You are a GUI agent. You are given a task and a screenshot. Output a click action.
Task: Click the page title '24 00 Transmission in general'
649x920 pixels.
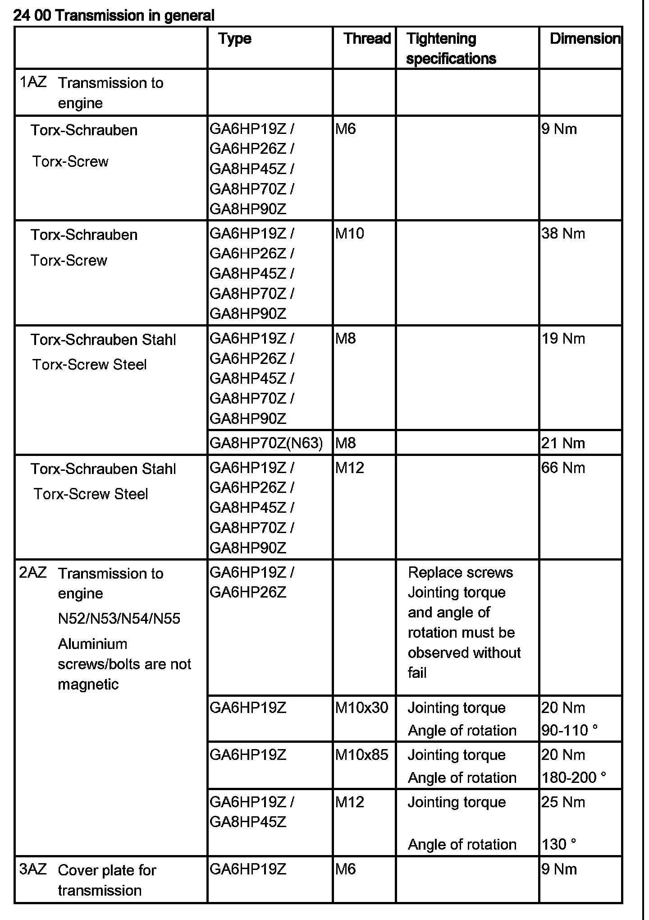click(x=114, y=16)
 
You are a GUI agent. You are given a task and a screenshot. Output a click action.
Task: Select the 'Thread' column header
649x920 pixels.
click(x=367, y=38)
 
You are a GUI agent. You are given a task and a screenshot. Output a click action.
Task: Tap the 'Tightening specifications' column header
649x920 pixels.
click(x=451, y=48)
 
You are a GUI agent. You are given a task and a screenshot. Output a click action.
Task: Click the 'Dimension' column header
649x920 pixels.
click(x=585, y=38)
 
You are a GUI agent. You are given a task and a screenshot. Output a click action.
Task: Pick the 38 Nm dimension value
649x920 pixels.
click(x=563, y=234)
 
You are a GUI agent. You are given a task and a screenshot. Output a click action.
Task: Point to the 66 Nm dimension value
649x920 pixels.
click(x=563, y=468)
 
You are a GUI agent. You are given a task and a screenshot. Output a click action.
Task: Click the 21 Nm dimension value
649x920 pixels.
click(x=563, y=443)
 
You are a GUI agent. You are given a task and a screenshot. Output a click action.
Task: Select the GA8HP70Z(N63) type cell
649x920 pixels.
click(x=266, y=443)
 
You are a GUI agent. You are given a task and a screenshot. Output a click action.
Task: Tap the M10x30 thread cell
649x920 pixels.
click(x=361, y=708)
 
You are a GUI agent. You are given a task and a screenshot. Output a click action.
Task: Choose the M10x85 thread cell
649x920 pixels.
click(x=361, y=754)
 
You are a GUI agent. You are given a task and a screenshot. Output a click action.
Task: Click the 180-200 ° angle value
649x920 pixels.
click(x=574, y=777)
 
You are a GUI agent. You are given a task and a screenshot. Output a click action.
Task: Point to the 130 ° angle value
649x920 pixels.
click(x=559, y=844)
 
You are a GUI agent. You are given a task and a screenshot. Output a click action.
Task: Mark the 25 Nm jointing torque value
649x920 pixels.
click(x=563, y=802)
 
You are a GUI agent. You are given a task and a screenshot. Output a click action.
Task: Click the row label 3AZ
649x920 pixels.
click(x=33, y=869)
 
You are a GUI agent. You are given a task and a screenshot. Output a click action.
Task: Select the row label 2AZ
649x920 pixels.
click(x=33, y=572)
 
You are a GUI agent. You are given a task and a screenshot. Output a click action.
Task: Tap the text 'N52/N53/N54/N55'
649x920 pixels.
click(x=119, y=618)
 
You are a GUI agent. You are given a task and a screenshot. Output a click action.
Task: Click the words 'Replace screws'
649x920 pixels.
click(x=460, y=572)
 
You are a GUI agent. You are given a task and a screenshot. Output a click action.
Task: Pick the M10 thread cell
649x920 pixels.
click(x=350, y=234)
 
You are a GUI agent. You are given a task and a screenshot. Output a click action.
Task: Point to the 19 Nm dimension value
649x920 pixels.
click(x=563, y=338)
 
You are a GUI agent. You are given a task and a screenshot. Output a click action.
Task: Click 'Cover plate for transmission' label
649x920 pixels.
click(x=107, y=880)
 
